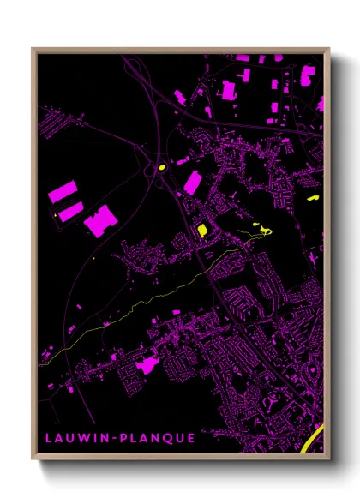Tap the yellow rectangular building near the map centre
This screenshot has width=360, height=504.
[202, 230]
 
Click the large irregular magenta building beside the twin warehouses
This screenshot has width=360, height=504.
[99, 219]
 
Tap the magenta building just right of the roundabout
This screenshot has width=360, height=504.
[191, 182]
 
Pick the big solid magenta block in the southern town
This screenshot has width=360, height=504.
[146, 366]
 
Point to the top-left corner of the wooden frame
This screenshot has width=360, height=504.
[33, 50]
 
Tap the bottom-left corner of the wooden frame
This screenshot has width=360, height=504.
[33, 459]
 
